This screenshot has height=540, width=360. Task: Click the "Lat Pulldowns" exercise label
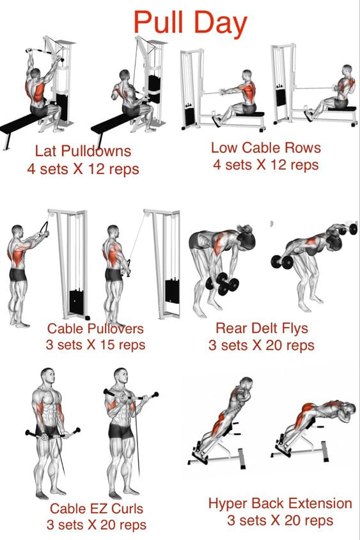[x=83, y=151]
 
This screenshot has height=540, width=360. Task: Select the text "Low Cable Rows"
[x=266, y=148]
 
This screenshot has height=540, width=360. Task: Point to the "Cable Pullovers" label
[x=95, y=328]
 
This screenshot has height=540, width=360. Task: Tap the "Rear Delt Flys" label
[x=262, y=328]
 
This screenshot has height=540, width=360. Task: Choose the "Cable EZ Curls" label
[x=97, y=508]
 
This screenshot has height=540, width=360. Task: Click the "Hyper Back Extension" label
[x=280, y=504]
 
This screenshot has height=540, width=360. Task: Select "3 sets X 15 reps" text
[x=95, y=345]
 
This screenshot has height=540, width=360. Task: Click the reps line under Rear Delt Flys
[x=262, y=345]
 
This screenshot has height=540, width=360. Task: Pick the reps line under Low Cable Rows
[x=266, y=165]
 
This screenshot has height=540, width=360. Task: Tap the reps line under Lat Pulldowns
[x=83, y=169]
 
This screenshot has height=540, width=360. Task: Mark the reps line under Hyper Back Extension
[x=280, y=520]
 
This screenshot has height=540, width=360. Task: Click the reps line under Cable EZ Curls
[x=97, y=525]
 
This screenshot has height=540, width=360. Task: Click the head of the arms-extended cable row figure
[x=247, y=75]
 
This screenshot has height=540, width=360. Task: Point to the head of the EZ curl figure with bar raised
[x=121, y=376]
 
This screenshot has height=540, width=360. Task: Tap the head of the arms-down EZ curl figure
[x=47, y=377]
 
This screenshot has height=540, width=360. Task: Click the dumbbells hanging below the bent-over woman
[x=222, y=283]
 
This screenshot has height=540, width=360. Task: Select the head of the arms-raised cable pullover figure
[x=17, y=232]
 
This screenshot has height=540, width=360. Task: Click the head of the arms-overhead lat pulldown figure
[x=35, y=74]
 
